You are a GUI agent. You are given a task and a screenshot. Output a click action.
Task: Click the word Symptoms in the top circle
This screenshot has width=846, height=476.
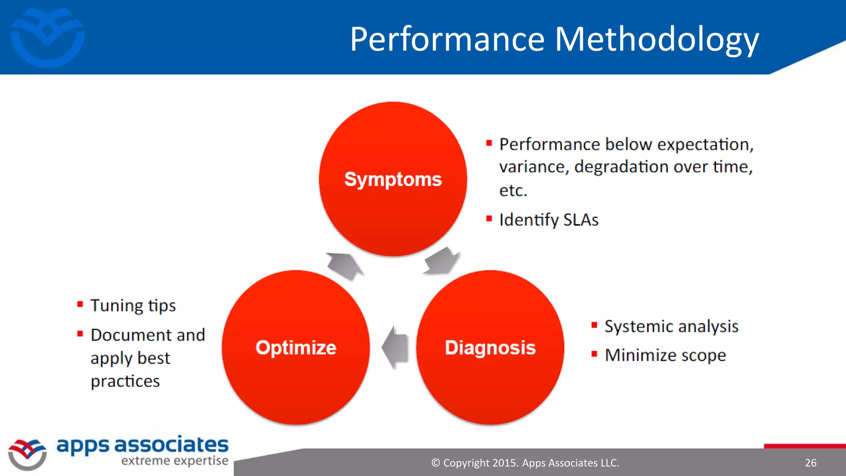[393, 180]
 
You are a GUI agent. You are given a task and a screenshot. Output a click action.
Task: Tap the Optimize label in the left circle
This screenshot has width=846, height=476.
[296, 347]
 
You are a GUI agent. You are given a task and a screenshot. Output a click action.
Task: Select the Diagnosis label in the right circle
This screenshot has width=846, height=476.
[490, 347]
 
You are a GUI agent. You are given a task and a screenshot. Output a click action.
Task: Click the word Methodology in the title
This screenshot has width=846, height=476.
[656, 39]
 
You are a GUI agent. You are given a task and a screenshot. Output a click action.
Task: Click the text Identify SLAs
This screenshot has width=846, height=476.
[549, 220]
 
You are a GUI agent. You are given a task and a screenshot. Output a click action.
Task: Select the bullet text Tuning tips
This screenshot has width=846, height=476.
[133, 306]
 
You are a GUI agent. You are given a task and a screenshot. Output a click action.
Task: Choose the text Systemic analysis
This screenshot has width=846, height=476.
[671, 326]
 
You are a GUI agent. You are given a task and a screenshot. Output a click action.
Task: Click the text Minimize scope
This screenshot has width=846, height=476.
[665, 355]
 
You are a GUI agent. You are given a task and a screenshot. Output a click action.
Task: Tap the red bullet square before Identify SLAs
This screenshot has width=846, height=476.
[489, 219]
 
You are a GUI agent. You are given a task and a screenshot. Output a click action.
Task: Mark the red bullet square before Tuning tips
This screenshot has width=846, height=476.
[80, 305]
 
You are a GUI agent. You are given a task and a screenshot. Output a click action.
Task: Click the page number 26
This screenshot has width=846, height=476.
[810, 463]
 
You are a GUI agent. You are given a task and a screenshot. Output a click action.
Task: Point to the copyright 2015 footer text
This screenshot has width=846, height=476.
[525, 463]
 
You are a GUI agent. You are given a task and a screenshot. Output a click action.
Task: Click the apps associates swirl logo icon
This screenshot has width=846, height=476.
[27, 454]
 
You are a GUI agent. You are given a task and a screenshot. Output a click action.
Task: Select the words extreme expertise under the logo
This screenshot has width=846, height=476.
[174, 461]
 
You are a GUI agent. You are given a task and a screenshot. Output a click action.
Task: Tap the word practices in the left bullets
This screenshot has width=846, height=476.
[125, 381]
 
